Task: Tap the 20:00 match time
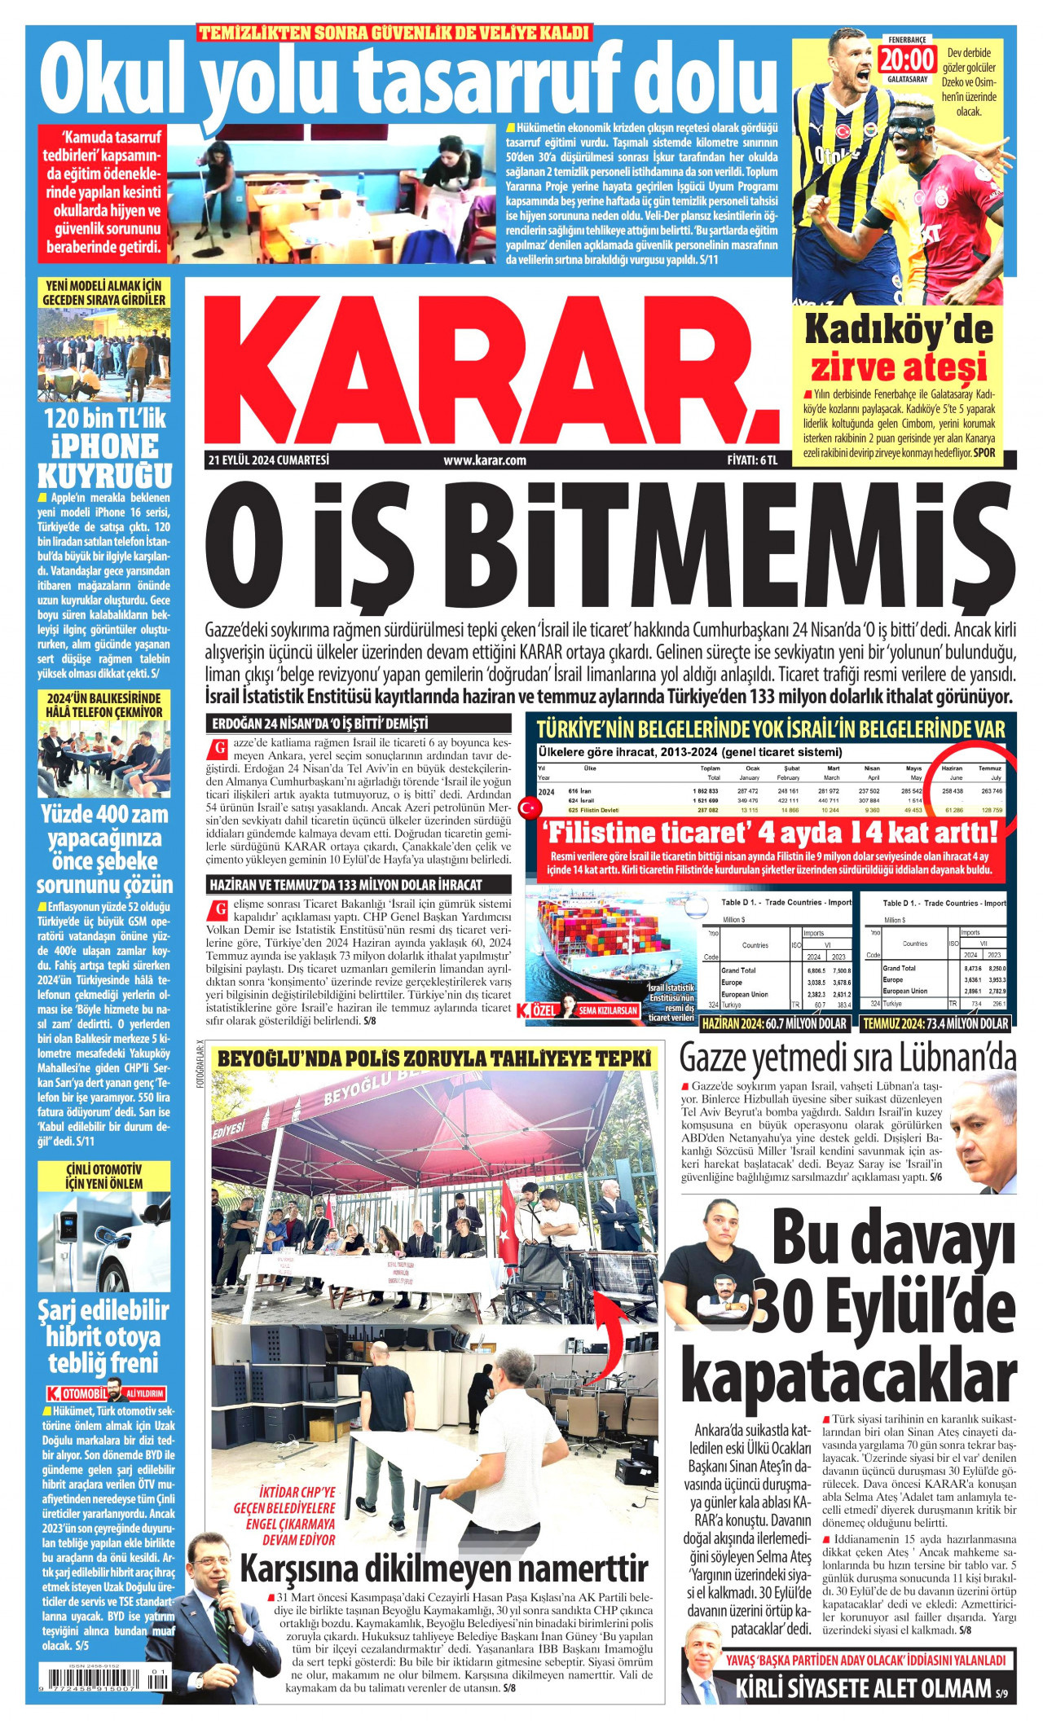(907, 59)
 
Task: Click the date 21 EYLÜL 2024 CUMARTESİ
(268, 460)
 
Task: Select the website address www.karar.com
(485, 460)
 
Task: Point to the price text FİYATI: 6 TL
(752, 460)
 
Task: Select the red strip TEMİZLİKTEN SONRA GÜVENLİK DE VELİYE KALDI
(394, 33)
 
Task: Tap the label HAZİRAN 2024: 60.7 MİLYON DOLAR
(774, 1023)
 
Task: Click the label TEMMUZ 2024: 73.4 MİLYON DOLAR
(935, 1023)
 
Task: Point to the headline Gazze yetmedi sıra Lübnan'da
(847, 1058)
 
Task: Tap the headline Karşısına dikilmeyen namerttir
(444, 1568)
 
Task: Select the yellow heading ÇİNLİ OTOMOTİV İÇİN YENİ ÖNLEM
(103, 1177)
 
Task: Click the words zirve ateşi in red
(898, 367)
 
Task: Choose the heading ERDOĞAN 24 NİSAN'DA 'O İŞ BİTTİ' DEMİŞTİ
(319, 724)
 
